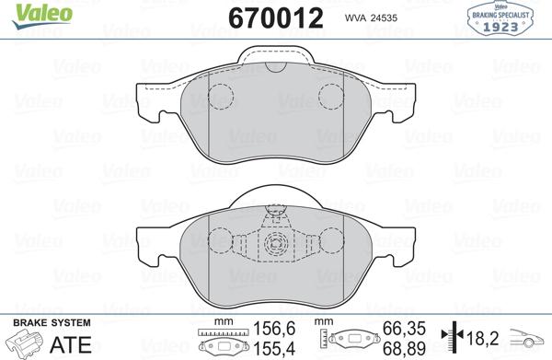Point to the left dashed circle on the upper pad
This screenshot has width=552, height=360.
point(221,96)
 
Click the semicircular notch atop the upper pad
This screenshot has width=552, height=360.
point(275,72)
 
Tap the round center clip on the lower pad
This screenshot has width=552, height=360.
point(275,244)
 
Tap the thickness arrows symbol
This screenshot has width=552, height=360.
point(448,337)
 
